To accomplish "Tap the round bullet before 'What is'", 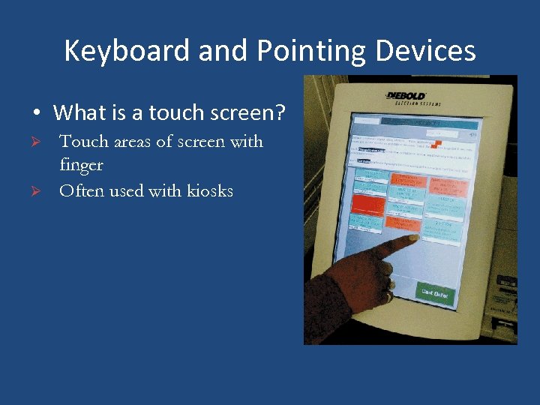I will coord(36,114).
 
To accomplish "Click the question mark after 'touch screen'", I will coord(280,113).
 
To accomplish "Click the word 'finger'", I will coord(81,165).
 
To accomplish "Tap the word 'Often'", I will coord(82,190).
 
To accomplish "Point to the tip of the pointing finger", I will coord(413,238).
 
